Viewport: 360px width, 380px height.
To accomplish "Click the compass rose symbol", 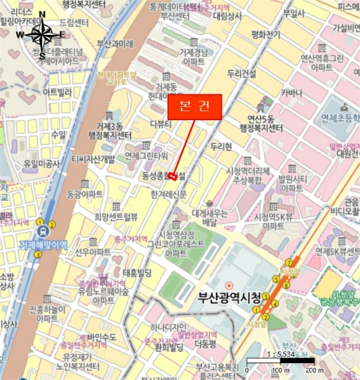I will [42, 35].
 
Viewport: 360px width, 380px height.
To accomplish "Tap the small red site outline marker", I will [172, 175].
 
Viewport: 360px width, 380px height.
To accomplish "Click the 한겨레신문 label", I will [168, 194].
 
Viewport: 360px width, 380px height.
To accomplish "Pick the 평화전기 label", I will [266, 35].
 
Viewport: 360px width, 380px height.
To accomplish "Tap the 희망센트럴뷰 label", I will [116, 217].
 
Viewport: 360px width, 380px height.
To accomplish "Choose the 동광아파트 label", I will [84, 193].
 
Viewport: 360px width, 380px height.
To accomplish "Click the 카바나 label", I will [292, 93].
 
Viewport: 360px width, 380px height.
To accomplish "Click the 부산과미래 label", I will [115, 43].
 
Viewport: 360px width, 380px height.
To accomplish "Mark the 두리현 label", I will [221, 147].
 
